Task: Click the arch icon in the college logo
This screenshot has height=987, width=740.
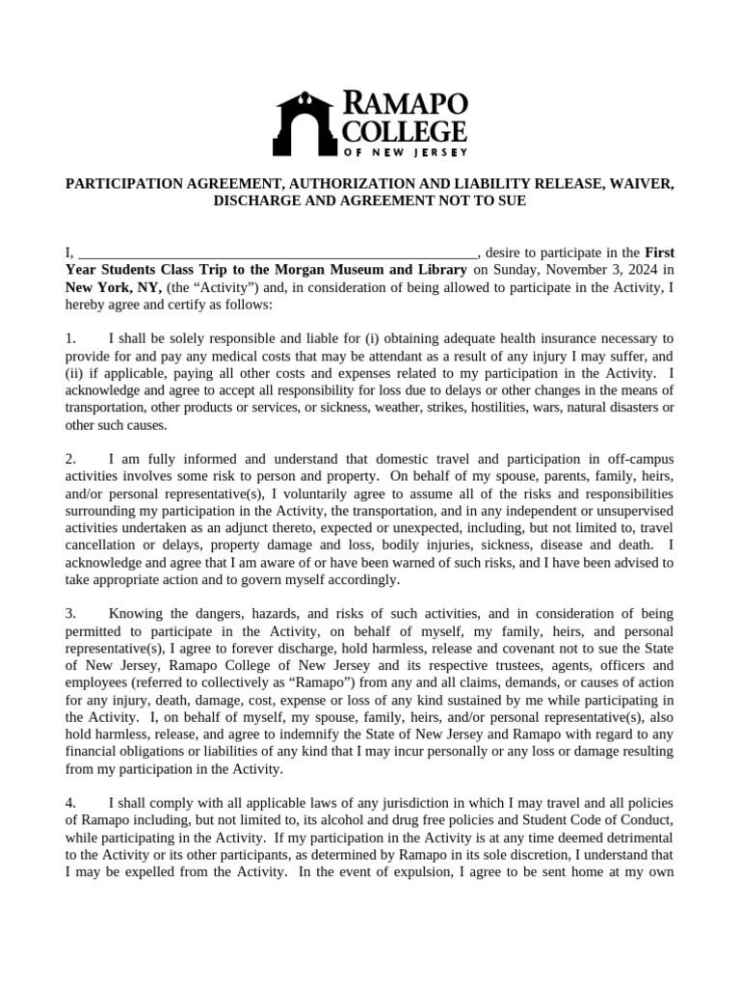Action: (307, 120)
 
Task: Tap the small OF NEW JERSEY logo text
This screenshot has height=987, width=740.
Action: (405, 151)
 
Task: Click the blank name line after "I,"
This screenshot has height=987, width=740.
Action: (276, 253)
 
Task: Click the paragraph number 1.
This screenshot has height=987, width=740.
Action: (69, 338)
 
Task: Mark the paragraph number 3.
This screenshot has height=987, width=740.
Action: (69, 613)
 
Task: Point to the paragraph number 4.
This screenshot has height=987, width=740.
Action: (69, 803)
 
